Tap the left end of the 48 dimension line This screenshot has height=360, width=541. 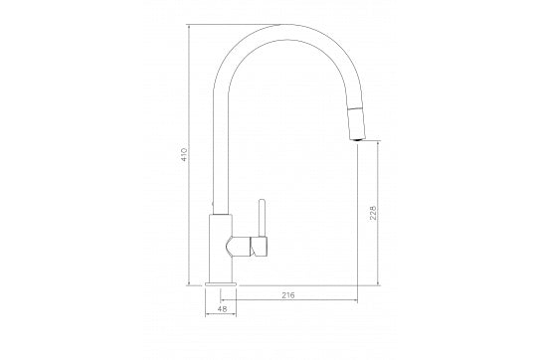[x=206, y=317]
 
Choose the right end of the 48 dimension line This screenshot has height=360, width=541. [x=236, y=317]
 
